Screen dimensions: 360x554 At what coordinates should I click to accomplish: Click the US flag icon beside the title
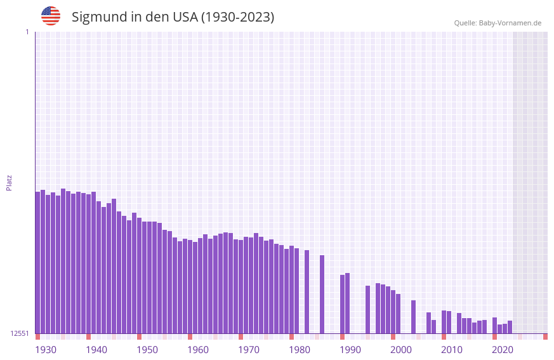(x=51, y=16)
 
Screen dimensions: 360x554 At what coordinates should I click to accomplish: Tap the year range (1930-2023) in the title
(x=237, y=17)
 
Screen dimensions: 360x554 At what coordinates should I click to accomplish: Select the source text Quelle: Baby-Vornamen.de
(x=498, y=23)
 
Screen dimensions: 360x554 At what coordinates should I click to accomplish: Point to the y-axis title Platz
(x=9, y=182)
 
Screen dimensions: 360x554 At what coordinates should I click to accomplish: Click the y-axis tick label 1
(x=27, y=32)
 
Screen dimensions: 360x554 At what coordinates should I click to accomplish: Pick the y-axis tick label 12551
(x=19, y=333)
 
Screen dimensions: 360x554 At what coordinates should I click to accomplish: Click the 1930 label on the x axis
(x=46, y=350)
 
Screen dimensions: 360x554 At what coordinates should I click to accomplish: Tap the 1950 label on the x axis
(x=147, y=350)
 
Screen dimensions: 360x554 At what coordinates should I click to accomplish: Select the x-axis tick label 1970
(x=249, y=350)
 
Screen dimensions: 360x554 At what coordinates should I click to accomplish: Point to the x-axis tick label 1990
(x=350, y=350)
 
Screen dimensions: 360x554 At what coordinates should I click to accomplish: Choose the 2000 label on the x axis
(x=401, y=350)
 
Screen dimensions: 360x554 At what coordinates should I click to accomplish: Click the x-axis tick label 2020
(x=503, y=350)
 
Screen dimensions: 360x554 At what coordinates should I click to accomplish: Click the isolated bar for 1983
(x=307, y=291)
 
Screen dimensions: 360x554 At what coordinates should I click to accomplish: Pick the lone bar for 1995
(x=368, y=309)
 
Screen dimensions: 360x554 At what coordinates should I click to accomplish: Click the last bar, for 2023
(x=510, y=327)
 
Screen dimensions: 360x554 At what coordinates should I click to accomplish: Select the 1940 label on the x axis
(x=96, y=350)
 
